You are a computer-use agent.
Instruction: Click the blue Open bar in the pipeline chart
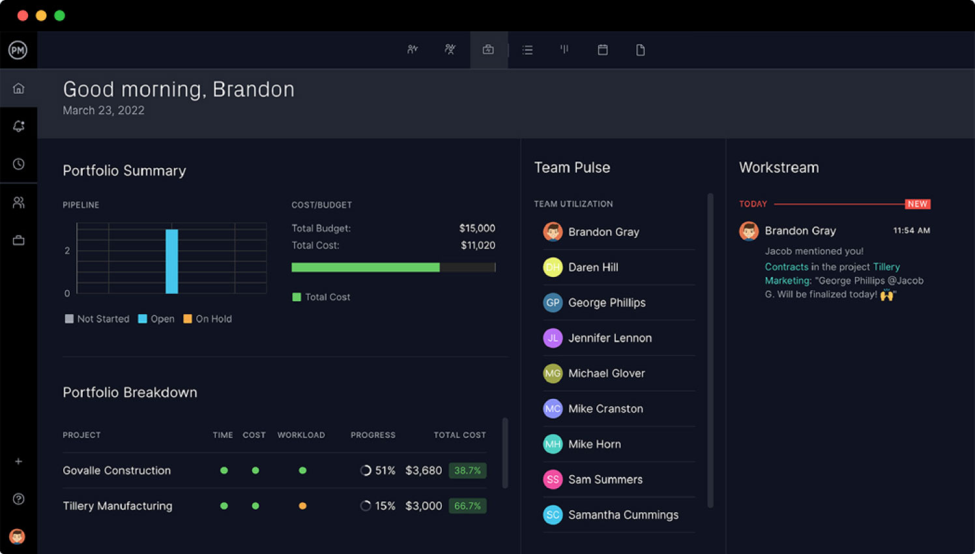click(171, 261)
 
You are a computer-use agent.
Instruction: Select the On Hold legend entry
click(208, 319)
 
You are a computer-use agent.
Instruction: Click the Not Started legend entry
click(97, 319)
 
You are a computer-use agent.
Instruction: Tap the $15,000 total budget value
click(476, 228)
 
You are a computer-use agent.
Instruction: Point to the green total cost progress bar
click(366, 267)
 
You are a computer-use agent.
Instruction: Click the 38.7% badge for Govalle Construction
click(467, 471)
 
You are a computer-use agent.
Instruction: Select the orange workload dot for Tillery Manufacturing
click(302, 506)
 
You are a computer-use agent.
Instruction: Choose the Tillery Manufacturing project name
click(117, 506)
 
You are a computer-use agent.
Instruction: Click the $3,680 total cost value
click(423, 471)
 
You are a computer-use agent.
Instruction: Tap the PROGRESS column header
click(373, 435)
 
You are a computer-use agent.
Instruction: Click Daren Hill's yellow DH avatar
click(553, 267)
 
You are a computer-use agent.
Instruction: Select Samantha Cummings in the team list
click(622, 515)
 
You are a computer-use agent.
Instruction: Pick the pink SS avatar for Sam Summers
click(553, 480)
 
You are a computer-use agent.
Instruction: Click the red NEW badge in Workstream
click(917, 204)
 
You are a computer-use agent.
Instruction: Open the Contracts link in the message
click(786, 267)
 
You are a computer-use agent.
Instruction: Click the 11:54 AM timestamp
click(911, 231)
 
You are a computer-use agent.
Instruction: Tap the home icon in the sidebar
click(18, 88)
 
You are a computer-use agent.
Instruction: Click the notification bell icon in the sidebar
click(18, 126)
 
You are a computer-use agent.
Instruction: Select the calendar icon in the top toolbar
click(602, 50)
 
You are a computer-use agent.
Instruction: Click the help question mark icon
click(18, 499)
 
